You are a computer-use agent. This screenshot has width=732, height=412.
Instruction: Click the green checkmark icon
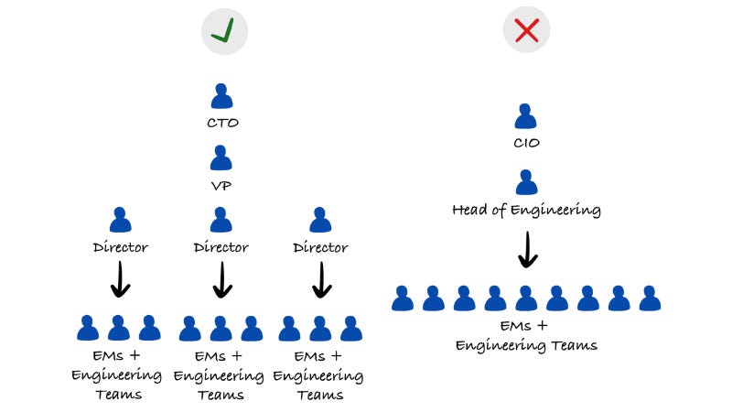tap(224, 31)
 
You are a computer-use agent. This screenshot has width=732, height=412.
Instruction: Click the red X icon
tap(526, 31)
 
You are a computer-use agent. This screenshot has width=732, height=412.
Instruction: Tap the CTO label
tap(221, 122)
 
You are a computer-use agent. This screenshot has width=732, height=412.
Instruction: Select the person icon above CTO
tap(221, 95)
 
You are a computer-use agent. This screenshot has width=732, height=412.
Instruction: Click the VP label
tap(221, 184)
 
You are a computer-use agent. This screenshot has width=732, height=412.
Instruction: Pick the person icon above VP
tap(221, 157)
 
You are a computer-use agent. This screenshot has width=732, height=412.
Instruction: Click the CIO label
tap(526, 143)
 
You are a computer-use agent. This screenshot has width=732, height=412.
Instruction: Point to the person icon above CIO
tap(526, 116)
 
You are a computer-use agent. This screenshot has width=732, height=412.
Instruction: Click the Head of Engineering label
tap(526, 210)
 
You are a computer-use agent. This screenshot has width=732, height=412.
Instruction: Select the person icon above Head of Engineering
tap(526, 181)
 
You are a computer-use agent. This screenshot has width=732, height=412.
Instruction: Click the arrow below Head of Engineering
tap(526, 249)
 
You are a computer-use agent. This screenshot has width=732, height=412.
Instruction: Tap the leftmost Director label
tap(120, 247)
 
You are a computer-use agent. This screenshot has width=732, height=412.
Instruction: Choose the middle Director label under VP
tap(221, 247)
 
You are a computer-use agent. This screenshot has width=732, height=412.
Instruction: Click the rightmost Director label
tap(320, 247)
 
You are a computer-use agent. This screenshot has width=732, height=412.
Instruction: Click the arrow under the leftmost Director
tap(120, 280)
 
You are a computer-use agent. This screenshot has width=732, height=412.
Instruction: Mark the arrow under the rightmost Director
tap(320, 280)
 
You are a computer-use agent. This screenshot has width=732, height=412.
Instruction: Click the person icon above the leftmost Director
tap(120, 220)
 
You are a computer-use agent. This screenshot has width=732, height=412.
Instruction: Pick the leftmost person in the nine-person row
tap(403, 298)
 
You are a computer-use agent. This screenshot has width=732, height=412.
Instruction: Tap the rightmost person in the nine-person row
tap(650, 298)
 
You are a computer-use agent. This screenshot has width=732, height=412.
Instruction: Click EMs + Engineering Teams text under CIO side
tap(526, 336)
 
